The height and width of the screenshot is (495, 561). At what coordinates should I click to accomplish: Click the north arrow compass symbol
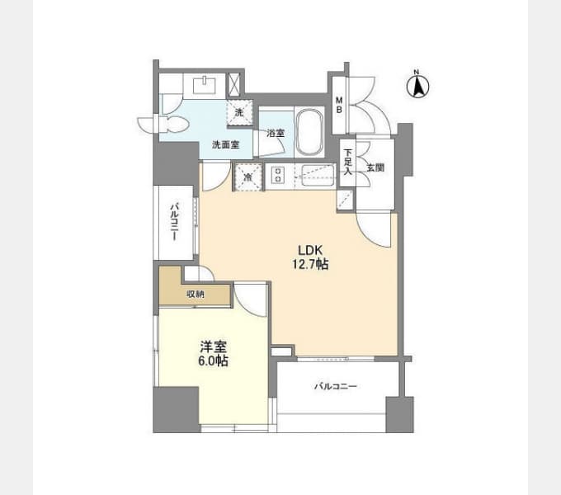click(418, 85)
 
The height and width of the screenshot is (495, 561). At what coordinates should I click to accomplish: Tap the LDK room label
click(310, 250)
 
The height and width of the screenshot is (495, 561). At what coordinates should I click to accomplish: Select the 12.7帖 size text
click(310, 264)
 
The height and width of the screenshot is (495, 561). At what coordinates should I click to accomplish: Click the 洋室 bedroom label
click(213, 347)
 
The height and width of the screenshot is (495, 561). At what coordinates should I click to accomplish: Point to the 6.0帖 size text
click(213, 361)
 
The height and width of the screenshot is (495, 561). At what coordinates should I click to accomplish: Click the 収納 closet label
click(196, 295)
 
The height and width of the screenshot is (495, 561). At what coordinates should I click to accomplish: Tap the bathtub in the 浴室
click(310, 132)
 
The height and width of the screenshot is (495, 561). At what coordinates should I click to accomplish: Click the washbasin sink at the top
click(205, 86)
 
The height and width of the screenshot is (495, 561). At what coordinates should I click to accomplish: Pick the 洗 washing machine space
click(239, 113)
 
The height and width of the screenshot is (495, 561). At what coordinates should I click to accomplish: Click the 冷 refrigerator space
click(248, 177)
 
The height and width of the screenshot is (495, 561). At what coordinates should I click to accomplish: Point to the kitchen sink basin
click(318, 175)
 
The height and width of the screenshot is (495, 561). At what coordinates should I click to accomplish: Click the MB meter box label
click(339, 105)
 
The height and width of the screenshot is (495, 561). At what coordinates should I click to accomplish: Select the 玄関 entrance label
click(375, 167)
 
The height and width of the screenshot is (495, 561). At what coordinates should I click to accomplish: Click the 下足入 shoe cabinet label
click(348, 162)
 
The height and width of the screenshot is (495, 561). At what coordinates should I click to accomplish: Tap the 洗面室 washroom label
click(226, 144)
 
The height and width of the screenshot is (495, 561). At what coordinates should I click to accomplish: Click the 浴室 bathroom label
click(276, 133)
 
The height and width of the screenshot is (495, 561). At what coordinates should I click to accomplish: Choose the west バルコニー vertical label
click(174, 221)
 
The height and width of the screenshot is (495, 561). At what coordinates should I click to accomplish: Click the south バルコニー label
click(336, 386)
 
